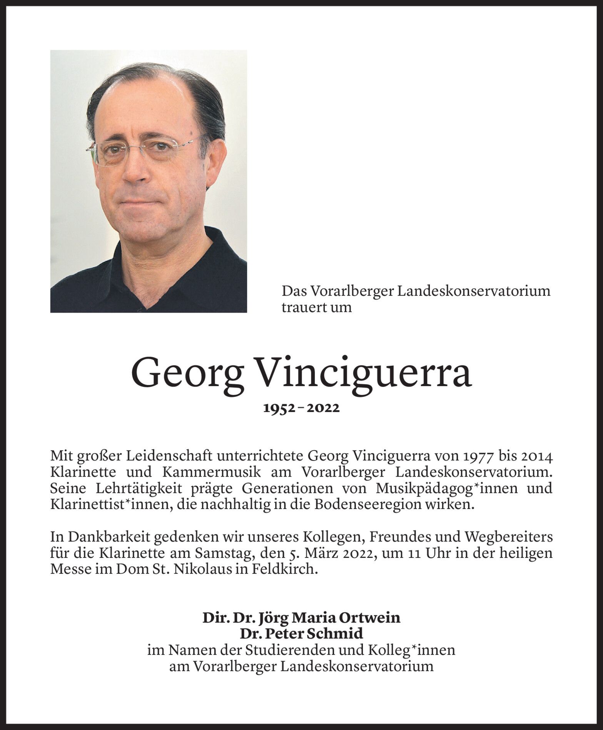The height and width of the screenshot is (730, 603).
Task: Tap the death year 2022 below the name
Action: (x=324, y=409)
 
